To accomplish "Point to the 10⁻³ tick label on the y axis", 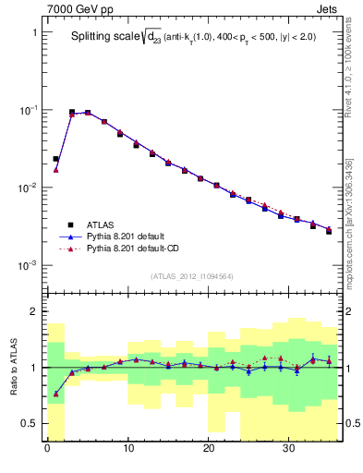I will click(x=29, y=265).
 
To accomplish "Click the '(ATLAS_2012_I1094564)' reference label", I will click(x=193, y=276).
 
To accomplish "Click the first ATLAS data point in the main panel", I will click(x=55, y=159).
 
